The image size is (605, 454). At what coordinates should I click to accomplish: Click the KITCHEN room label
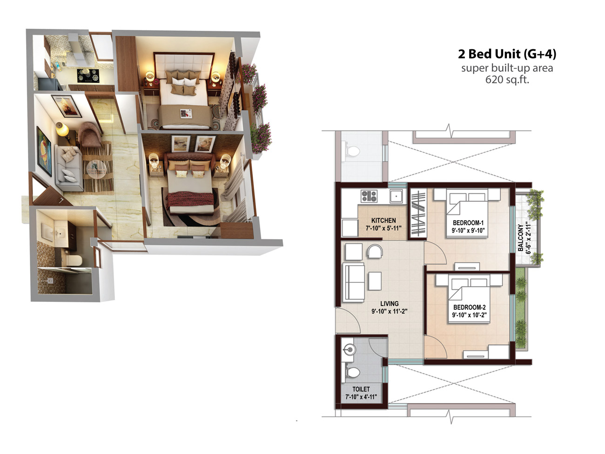pos(383,220)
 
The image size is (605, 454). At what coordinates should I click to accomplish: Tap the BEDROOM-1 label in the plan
pos(468,223)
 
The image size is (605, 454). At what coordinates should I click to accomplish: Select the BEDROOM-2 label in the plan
pos(470,307)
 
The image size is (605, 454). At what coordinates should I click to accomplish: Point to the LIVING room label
pos(389,304)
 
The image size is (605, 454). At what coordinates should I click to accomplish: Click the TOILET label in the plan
pos(361,389)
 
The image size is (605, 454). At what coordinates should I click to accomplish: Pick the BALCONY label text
pos(520,238)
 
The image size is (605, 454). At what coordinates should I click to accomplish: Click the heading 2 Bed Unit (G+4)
pos(507,54)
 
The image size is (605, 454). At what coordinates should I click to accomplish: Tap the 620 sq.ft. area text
pos(507,80)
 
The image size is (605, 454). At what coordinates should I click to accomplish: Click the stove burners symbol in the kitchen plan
pos(369,196)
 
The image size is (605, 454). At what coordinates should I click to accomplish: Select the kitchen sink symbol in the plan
pos(396,196)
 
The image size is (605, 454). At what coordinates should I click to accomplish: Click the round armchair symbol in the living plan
pos(375,251)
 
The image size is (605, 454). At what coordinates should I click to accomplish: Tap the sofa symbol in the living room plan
pos(354,282)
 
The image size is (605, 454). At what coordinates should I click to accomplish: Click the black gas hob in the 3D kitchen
pos(88,76)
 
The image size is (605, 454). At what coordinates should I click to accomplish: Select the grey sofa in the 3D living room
pos(68,168)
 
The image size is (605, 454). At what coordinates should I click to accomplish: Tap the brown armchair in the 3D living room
pos(89,135)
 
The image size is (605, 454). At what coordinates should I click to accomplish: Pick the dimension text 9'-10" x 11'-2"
pos(389,311)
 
